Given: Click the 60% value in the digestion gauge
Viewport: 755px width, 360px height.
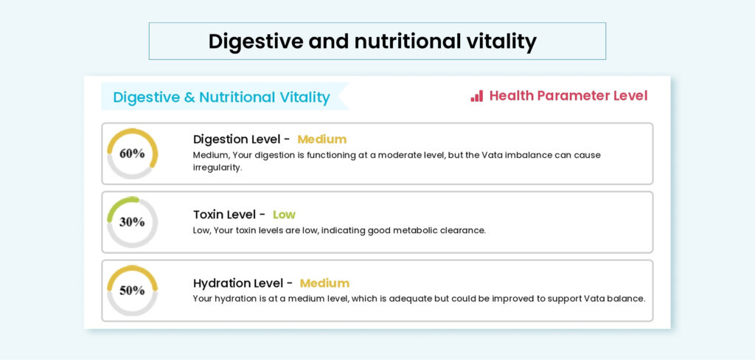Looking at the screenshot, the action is coord(132,153).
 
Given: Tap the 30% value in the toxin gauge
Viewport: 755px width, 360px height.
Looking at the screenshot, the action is coord(132,222).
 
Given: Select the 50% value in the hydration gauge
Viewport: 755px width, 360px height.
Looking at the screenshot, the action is coord(132,291).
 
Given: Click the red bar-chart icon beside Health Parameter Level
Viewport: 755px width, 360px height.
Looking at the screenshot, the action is coord(477,96).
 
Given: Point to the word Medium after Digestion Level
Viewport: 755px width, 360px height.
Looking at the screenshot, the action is coord(321,139).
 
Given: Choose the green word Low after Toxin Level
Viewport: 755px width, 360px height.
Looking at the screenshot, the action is coord(284,215).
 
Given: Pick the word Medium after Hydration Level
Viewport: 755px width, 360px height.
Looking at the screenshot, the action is coord(324,283).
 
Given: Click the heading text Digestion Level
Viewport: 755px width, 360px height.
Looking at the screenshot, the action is coord(237,139).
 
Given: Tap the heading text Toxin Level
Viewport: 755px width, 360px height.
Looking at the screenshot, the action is coord(224,215).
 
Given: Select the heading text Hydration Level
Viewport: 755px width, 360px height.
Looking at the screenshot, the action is coord(237,283).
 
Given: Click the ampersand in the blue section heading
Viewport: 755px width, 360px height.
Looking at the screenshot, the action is coord(189,97).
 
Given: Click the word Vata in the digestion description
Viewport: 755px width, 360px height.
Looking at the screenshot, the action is coord(492,155).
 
